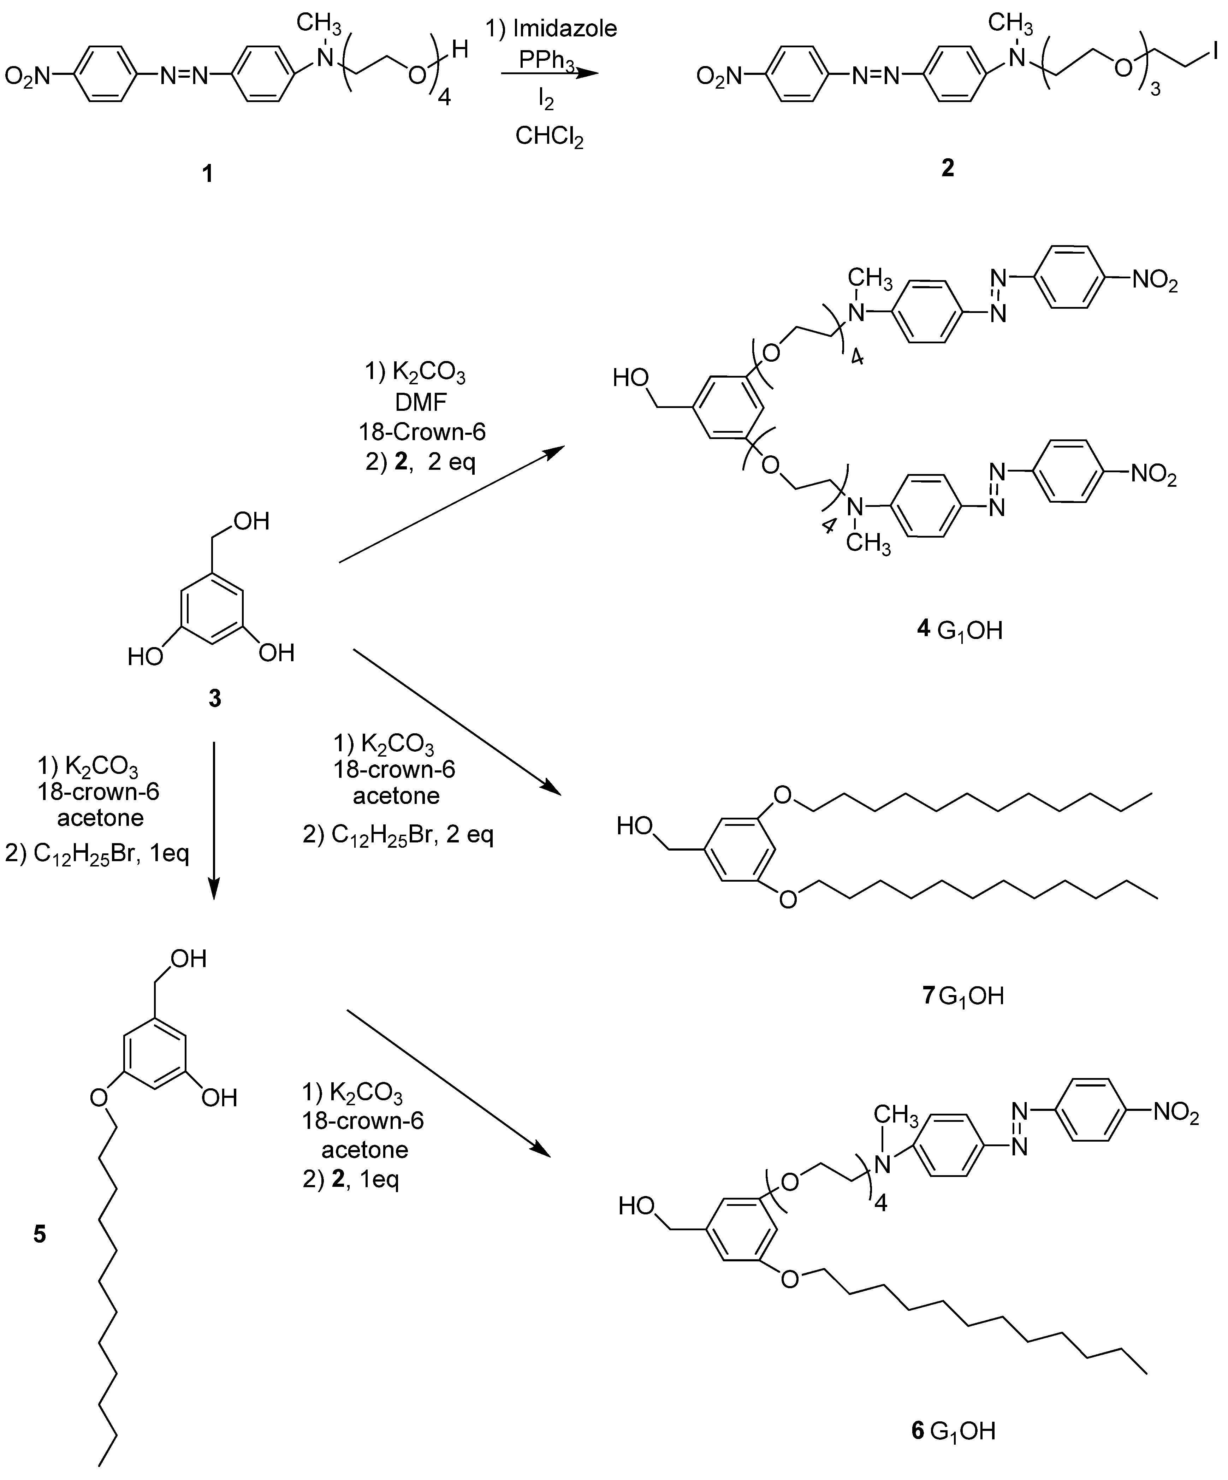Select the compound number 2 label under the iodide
pos(948,168)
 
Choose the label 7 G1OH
pos(962,996)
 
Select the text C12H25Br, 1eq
pos(97,854)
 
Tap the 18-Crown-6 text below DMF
pos(422,431)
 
